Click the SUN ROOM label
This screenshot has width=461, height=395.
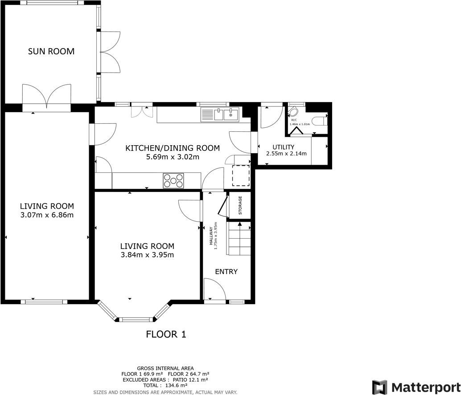pyautogui.click(x=51, y=51)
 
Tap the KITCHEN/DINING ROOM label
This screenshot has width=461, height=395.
pyautogui.click(x=173, y=148)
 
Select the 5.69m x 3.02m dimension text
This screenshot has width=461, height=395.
pyautogui.click(x=173, y=157)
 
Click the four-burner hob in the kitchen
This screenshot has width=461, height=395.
pyautogui.click(x=173, y=180)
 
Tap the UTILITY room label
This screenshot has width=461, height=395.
pyautogui.click(x=284, y=147)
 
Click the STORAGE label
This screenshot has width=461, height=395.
pyautogui.click(x=240, y=205)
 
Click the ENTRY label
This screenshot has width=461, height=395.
pyautogui.click(x=226, y=272)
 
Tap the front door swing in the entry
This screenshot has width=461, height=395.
pyautogui.click(x=213, y=289)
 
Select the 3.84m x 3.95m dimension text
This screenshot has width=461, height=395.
pyautogui.click(x=147, y=255)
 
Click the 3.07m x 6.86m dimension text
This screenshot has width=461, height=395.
pyautogui.click(x=47, y=215)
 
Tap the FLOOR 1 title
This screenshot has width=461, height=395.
pyautogui.click(x=166, y=334)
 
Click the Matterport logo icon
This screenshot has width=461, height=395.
pyautogui.click(x=379, y=387)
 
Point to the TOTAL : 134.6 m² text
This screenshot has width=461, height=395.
pyautogui.click(x=165, y=386)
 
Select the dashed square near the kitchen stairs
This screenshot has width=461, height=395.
pyautogui.click(x=241, y=175)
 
